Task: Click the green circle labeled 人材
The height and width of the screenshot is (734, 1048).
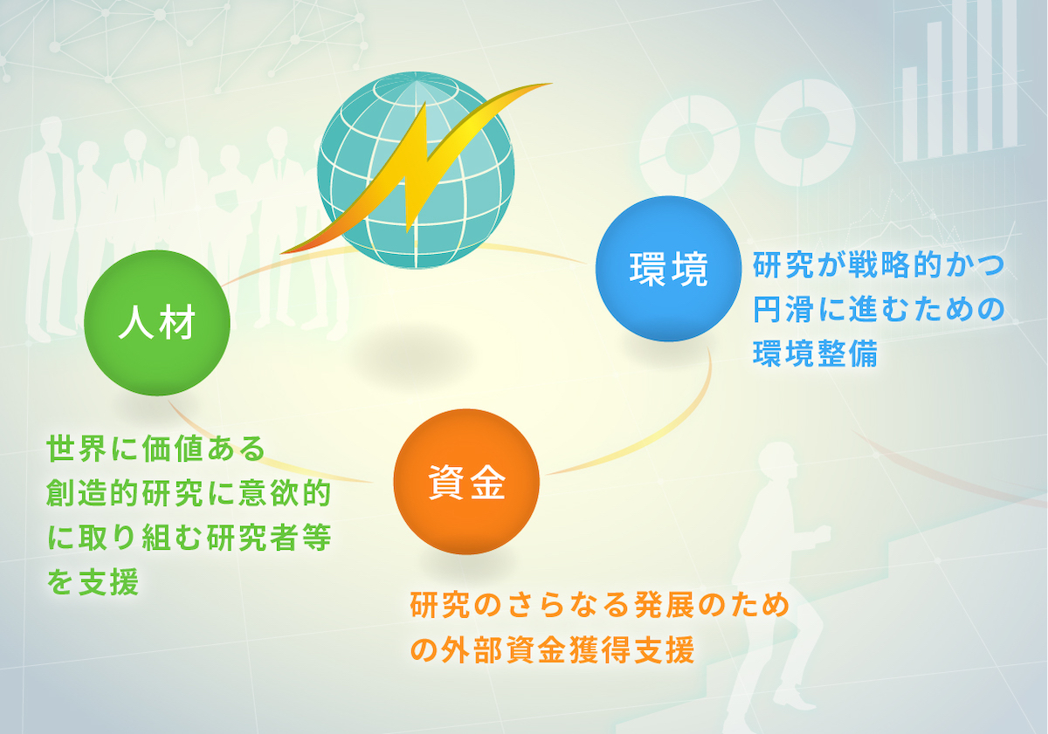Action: pos(157,323)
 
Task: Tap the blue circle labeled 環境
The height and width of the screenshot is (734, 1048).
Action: pos(669,269)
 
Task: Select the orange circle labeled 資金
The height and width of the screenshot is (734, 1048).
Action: pos(466,482)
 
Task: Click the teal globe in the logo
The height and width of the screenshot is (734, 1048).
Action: pos(416,170)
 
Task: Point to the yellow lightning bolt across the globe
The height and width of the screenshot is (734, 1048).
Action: pos(416,168)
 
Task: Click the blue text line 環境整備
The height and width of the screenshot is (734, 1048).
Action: pos(815,353)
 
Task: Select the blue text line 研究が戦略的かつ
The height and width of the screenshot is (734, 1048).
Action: pos(879,265)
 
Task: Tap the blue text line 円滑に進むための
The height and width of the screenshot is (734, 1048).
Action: pos(879,309)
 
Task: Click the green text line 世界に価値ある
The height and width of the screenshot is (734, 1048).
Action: pos(156,449)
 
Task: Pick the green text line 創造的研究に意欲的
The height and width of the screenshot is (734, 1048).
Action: pos(189,492)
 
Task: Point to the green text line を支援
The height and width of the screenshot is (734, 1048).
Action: pos(93,581)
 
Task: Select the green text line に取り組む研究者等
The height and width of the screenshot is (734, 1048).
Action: pos(189,537)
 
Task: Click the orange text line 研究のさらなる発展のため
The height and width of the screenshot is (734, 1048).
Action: pos(600,605)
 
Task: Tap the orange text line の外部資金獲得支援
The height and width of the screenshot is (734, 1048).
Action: pos(552,650)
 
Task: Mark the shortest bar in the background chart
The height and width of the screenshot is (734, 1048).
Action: pos(909,113)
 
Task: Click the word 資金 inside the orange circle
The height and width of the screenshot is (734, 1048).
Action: pos(466,483)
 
